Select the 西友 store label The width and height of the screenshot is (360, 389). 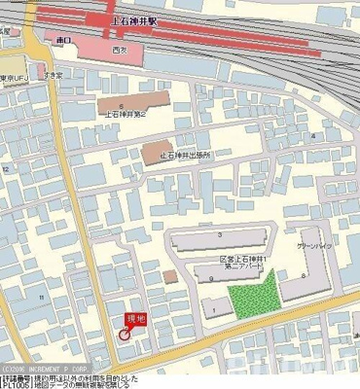(119, 48)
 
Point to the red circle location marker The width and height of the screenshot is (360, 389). (124, 334)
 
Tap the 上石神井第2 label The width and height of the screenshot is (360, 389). (126, 114)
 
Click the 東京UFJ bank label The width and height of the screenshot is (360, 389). (12, 78)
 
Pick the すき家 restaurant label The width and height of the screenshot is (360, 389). (53, 74)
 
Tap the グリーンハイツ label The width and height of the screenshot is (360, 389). (315, 247)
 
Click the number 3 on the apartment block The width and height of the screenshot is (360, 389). (221, 234)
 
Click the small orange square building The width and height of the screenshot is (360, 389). (169, 276)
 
